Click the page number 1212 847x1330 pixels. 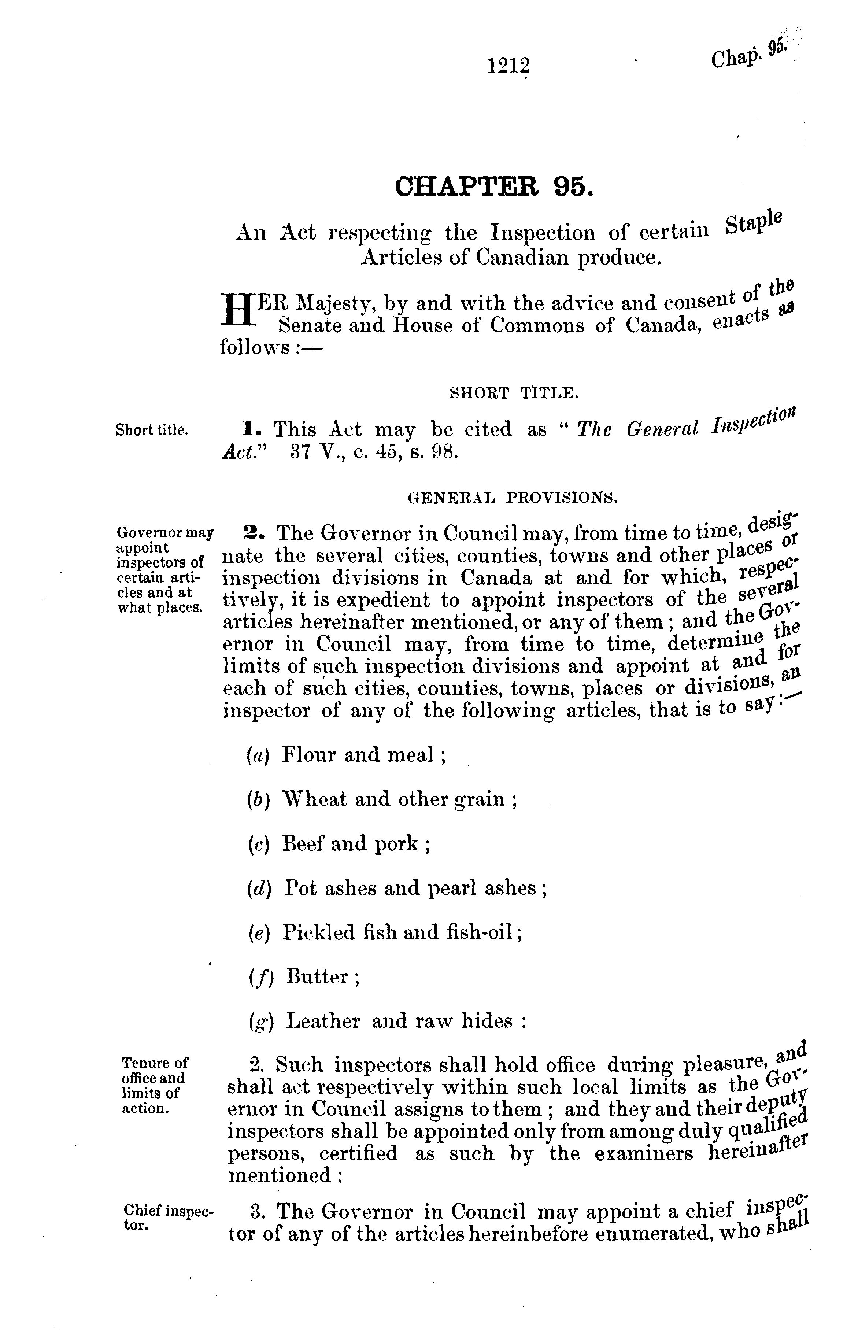(508, 66)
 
